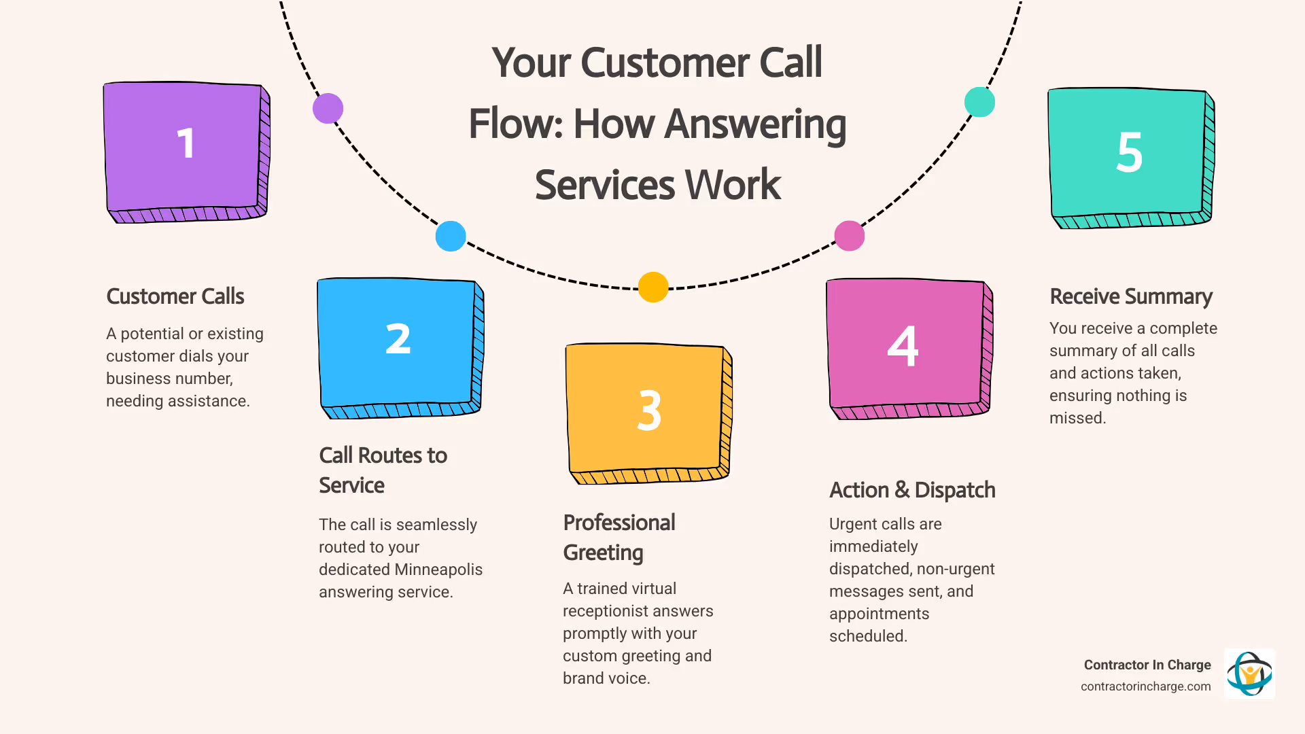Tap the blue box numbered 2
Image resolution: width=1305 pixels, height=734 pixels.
[398, 345]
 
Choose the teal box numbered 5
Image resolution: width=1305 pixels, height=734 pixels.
[1128, 154]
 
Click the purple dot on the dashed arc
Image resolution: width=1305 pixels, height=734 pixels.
[328, 108]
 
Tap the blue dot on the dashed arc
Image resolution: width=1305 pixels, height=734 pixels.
[450, 236]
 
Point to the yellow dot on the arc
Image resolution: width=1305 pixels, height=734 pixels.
[653, 287]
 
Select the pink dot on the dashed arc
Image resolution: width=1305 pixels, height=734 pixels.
[849, 236]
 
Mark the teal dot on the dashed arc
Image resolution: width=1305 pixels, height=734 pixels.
[979, 102]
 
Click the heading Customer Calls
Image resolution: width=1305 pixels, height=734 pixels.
[175, 296]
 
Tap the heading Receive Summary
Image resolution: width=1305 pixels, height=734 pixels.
[1130, 296]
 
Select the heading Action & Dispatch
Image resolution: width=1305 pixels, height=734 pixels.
[911, 490]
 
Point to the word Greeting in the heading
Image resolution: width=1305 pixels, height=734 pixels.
[603, 553]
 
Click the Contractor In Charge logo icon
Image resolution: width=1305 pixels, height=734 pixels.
[1249, 674]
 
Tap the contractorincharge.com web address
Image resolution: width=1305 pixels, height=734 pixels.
[1145, 686]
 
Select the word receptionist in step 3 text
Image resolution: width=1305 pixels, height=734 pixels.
[638, 611]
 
